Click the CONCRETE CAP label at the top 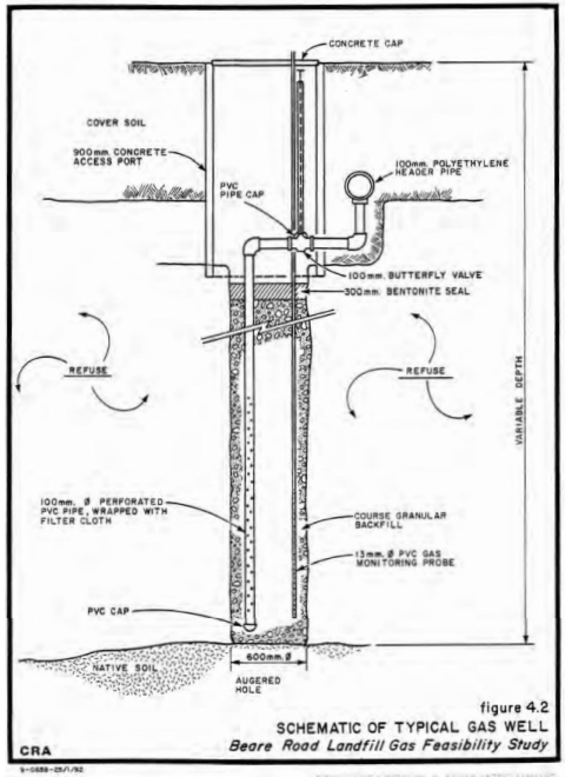pyautogui.click(x=366, y=44)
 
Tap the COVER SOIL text pyautogui.click(x=116, y=123)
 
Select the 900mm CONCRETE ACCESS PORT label pyautogui.click(x=120, y=157)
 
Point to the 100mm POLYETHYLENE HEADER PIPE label pyautogui.click(x=452, y=168)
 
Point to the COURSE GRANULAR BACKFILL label pyautogui.click(x=399, y=520)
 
